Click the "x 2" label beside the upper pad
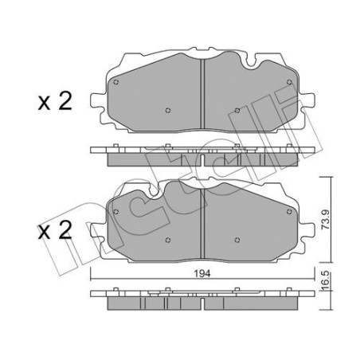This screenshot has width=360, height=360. coord(56,101)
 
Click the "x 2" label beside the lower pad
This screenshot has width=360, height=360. coord(56,230)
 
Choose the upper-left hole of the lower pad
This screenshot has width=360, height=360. coord(117,211)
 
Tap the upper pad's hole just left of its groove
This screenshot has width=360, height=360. coord(166,111)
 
